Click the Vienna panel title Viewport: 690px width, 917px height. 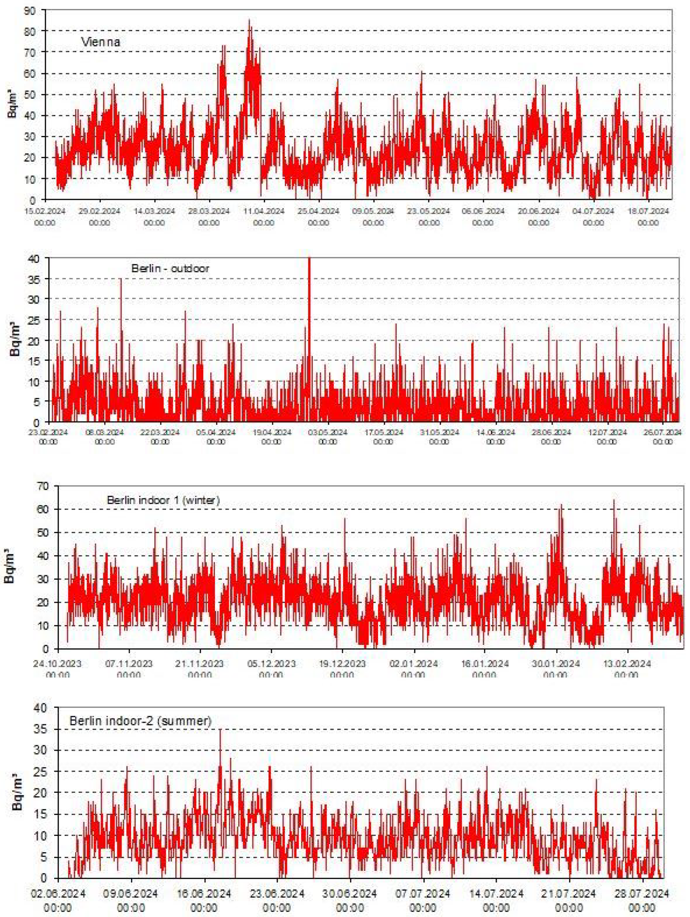click(100, 42)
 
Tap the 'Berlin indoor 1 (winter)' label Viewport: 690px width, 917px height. click(163, 500)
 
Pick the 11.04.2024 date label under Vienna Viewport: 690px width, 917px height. click(264, 211)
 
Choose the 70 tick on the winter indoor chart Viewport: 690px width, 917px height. click(43, 486)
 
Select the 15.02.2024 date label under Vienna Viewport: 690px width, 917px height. click(45, 211)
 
